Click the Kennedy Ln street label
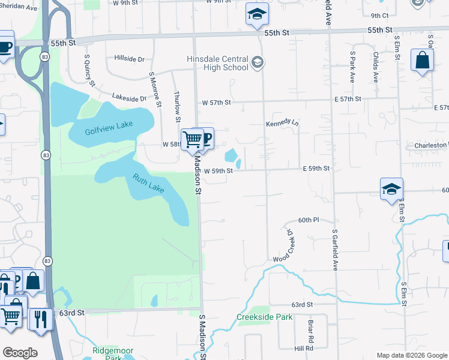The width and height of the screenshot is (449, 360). [x=282, y=123]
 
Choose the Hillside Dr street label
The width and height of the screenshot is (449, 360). [x=129, y=59]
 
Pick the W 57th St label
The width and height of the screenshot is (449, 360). [x=216, y=103]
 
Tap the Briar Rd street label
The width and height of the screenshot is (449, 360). [x=311, y=328]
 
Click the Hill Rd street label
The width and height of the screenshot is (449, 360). [x=304, y=348]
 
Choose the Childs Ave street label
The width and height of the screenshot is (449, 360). [x=375, y=67]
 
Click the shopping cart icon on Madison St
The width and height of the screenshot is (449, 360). [x=192, y=139]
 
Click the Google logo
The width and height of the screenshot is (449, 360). [x=20, y=353]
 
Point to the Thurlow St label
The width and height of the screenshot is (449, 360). [x=177, y=106]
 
